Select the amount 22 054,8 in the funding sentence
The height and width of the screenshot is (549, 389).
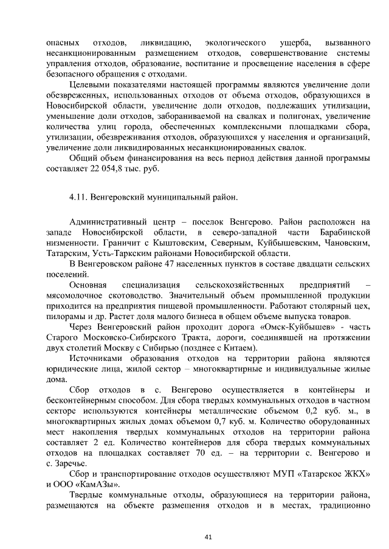pos(100,168)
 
